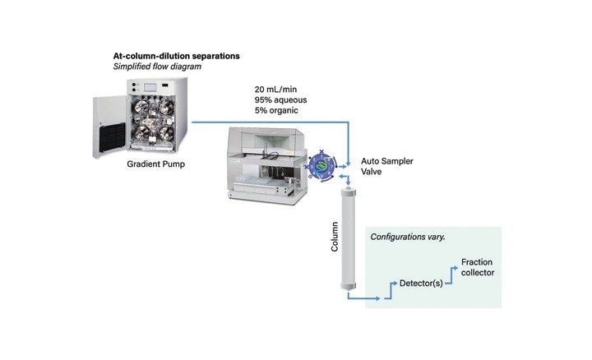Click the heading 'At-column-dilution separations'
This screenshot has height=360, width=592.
(176, 56)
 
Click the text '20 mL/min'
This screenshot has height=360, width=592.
(277, 89)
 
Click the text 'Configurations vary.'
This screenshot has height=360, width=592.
(408, 236)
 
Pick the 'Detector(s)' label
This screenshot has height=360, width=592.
(421, 284)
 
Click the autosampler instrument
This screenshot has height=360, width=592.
(263, 164)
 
